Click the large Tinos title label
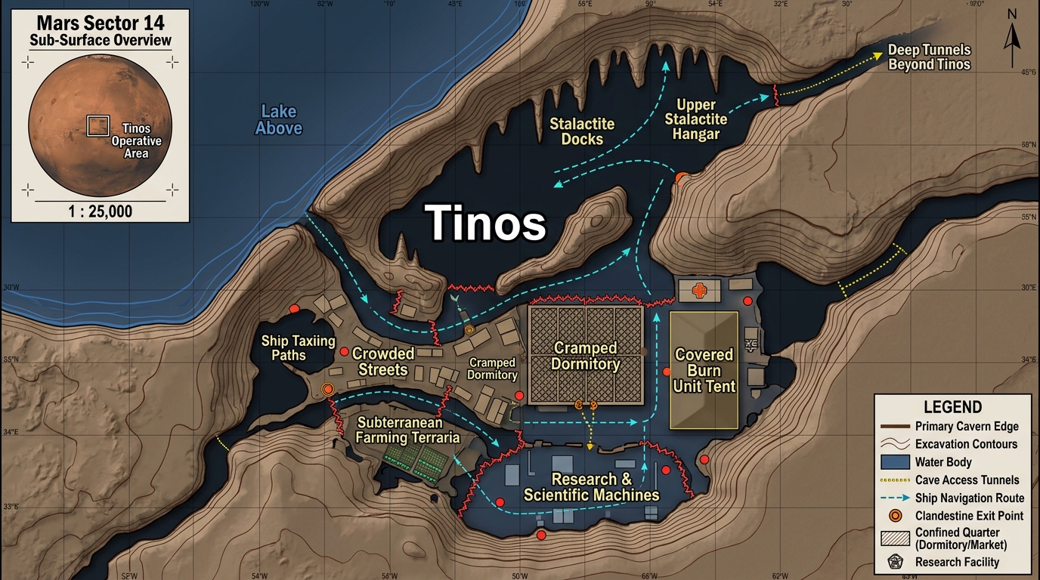pos(485,223)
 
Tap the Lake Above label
pos(278,120)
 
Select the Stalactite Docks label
pos(582,131)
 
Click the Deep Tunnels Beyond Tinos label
pos(929,57)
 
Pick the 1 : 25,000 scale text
pos(100,211)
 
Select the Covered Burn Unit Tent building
pos(704,370)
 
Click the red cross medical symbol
pos(699,290)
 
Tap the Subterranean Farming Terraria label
pos(408,430)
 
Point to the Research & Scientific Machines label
pos(591,487)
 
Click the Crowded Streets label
pos(383,362)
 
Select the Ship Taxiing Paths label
pos(298,347)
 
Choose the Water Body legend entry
pos(942,462)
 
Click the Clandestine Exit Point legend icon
pos(896,516)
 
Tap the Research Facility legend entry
pos(956,562)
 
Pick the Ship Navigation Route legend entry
pos(969,498)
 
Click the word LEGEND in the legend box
pos(952,408)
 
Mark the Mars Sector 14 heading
pos(100,23)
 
